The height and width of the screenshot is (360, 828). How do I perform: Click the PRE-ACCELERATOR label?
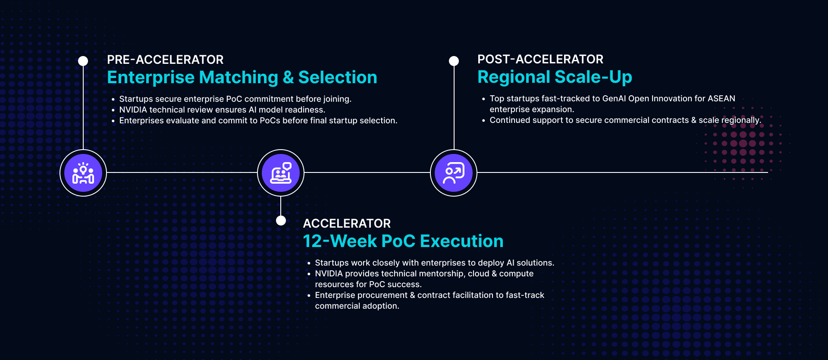pyautogui.click(x=165, y=59)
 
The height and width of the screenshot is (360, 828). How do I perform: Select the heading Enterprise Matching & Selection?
pyautogui.click(x=242, y=78)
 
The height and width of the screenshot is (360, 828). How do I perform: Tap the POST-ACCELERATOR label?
pyautogui.click(x=540, y=59)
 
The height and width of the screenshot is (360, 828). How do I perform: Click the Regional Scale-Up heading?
pyautogui.click(x=555, y=77)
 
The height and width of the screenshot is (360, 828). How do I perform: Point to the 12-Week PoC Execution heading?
pyautogui.click(x=403, y=241)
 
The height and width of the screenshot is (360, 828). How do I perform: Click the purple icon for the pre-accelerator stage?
pyautogui.click(x=83, y=173)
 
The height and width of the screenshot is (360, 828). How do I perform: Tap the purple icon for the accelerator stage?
pyautogui.click(x=281, y=173)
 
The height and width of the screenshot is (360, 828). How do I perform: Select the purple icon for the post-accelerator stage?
pyautogui.click(x=454, y=173)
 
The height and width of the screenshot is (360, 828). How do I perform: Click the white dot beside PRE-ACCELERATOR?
pyautogui.click(x=83, y=61)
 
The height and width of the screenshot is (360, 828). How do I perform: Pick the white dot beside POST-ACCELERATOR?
pyautogui.click(x=454, y=61)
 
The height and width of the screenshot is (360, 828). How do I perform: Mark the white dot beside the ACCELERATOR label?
pyautogui.click(x=281, y=221)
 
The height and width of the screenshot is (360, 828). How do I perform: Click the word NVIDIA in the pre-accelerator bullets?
pyautogui.click(x=133, y=110)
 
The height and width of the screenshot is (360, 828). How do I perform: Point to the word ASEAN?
pyautogui.click(x=721, y=99)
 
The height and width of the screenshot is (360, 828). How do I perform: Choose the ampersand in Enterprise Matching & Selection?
pyautogui.click(x=289, y=78)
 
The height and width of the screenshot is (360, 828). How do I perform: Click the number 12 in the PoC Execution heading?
pyautogui.click(x=313, y=241)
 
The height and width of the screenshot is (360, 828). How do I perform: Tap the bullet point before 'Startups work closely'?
pyautogui.click(x=309, y=263)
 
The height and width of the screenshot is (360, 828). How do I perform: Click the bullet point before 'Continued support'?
pyautogui.click(x=483, y=121)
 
